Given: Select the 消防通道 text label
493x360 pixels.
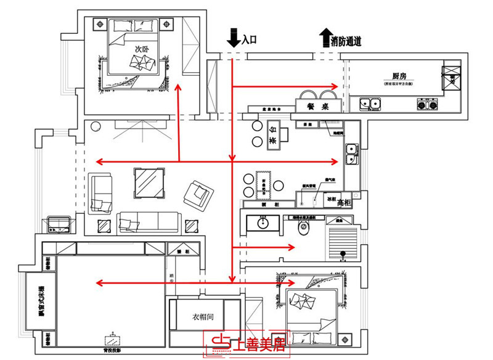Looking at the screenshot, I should [346, 42].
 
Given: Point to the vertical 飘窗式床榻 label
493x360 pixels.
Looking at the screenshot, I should [41, 301].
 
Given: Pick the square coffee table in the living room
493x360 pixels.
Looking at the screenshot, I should [149, 183].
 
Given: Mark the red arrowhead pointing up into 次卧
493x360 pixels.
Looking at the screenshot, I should [179, 88].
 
